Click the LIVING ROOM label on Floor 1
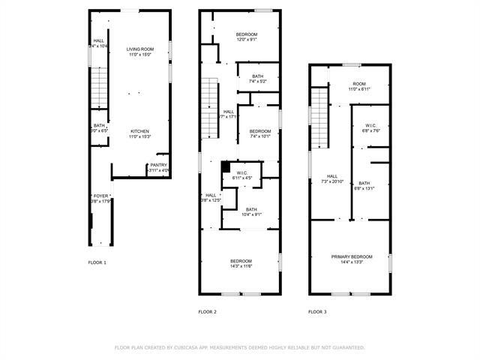coord(139,49)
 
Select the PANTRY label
coord(158,165)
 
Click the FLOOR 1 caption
coord(97,262)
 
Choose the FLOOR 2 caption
coord(207,311)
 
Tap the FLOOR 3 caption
coord(317,311)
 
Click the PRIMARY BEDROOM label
coord(352,256)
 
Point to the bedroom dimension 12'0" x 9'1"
coord(247,40)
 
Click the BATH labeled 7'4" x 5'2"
coord(258,76)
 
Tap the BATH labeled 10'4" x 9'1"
coord(251,209)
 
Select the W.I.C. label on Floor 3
coord(370,125)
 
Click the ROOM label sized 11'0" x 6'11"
coord(359,83)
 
